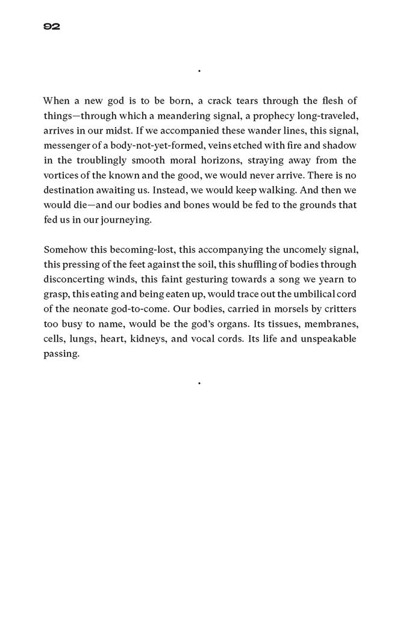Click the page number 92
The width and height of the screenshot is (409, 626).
(x=51, y=26)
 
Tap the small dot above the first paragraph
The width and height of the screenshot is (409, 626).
(x=199, y=71)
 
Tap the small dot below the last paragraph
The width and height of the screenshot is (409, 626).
(x=199, y=382)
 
